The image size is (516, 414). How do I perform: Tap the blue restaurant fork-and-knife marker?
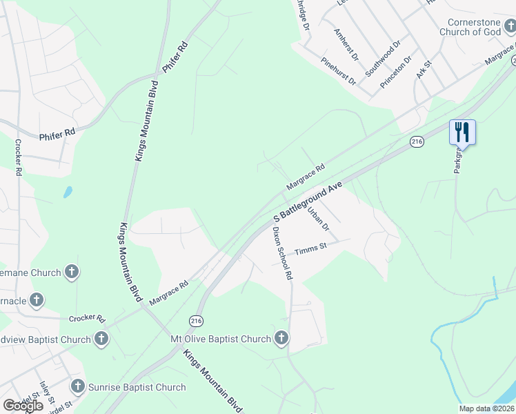pyautogui.click(x=462, y=131)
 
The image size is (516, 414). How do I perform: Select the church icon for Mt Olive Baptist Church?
pyautogui.click(x=281, y=338)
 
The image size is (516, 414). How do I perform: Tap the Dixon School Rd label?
pyautogui.click(x=283, y=253)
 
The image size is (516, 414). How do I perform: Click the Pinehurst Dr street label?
pyautogui.click(x=338, y=71)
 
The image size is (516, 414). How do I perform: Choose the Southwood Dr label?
pyautogui.click(x=383, y=59)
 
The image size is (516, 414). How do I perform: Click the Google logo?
pyautogui.click(x=23, y=406)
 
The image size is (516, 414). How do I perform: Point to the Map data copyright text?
pyautogui.click(x=487, y=408)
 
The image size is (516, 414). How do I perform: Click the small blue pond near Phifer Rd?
pyautogui.click(x=68, y=192)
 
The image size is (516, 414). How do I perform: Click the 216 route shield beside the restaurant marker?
pyautogui.click(x=416, y=141)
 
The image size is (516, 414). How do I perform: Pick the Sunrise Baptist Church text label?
pyautogui.click(x=137, y=387)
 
